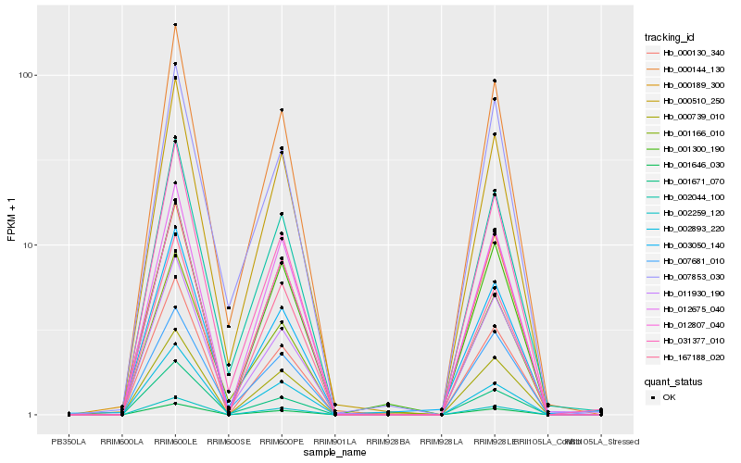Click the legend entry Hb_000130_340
(x=686, y=53)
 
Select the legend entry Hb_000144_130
(x=686, y=69)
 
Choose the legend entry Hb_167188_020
(x=686, y=357)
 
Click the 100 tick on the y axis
(x=26, y=75)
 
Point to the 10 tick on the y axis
(x=29, y=245)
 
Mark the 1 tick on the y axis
(x=31, y=415)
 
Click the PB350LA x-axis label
(x=69, y=442)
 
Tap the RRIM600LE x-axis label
(x=175, y=442)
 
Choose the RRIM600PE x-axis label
(x=282, y=442)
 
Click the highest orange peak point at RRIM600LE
(x=175, y=25)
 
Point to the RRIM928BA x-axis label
(x=388, y=442)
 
